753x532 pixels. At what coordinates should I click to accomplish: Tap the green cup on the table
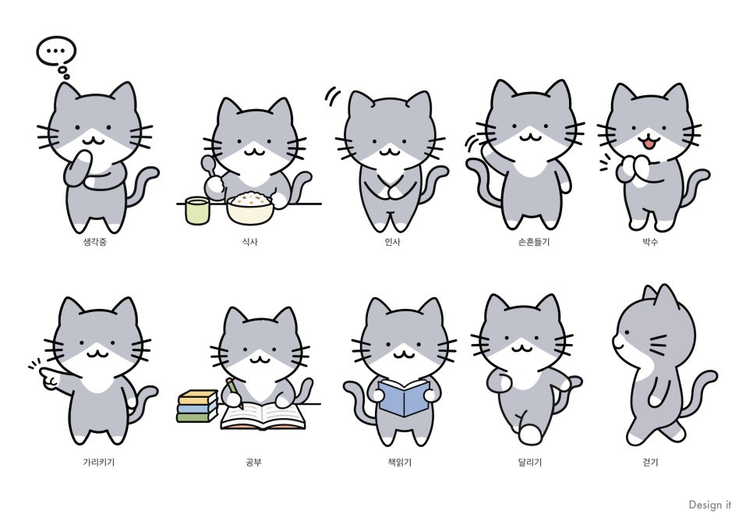[x=197, y=210]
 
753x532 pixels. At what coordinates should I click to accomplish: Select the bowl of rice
[x=250, y=208]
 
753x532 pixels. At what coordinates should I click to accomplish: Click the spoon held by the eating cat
[x=210, y=168]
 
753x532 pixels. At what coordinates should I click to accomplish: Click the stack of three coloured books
[x=197, y=406]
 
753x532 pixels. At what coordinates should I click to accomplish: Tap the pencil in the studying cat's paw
[x=235, y=392]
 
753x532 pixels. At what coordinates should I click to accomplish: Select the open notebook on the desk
[x=263, y=417]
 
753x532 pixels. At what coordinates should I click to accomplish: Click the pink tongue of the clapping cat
[x=649, y=143]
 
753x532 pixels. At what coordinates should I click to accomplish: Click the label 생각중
[x=95, y=242]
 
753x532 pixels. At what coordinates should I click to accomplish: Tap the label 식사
[x=250, y=242]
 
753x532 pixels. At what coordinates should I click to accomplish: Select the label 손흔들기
[x=533, y=242]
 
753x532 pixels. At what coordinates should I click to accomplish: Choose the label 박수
[x=650, y=242]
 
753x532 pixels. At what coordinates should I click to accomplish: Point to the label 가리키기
[x=99, y=463]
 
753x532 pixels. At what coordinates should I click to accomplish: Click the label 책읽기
[x=400, y=463]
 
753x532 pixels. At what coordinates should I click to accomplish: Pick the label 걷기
[x=650, y=463]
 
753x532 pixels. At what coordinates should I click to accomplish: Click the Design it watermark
[x=710, y=505]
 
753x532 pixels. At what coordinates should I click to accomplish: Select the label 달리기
[x=530, y=463]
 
